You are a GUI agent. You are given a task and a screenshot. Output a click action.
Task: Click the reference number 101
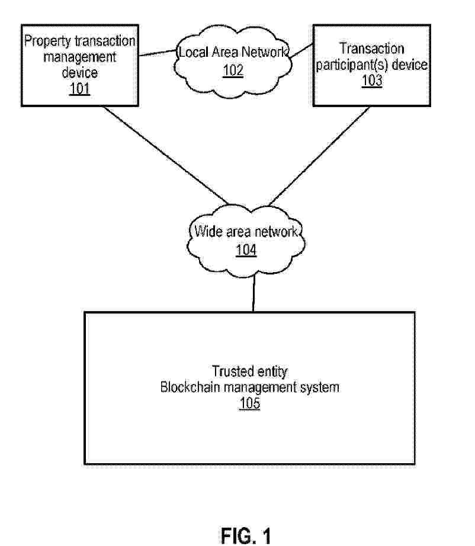click(80, 90)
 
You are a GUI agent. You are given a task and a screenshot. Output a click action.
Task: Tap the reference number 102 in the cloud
click(233, 70)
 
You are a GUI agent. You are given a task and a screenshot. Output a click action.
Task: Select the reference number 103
click(372, 81)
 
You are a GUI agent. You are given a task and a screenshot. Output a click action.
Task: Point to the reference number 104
click(246, 250)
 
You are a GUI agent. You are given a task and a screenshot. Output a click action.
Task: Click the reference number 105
click(249, 403)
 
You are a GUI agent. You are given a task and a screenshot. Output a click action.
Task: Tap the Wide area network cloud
click(246, 240)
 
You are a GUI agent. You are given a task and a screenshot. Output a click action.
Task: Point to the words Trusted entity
click(249, 371)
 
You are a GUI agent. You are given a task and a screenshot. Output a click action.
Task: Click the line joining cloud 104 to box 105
click(253, 292)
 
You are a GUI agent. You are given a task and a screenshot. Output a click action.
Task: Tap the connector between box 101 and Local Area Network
click(158, 53)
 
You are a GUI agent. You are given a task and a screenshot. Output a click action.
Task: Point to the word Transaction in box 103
click(372, 49)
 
